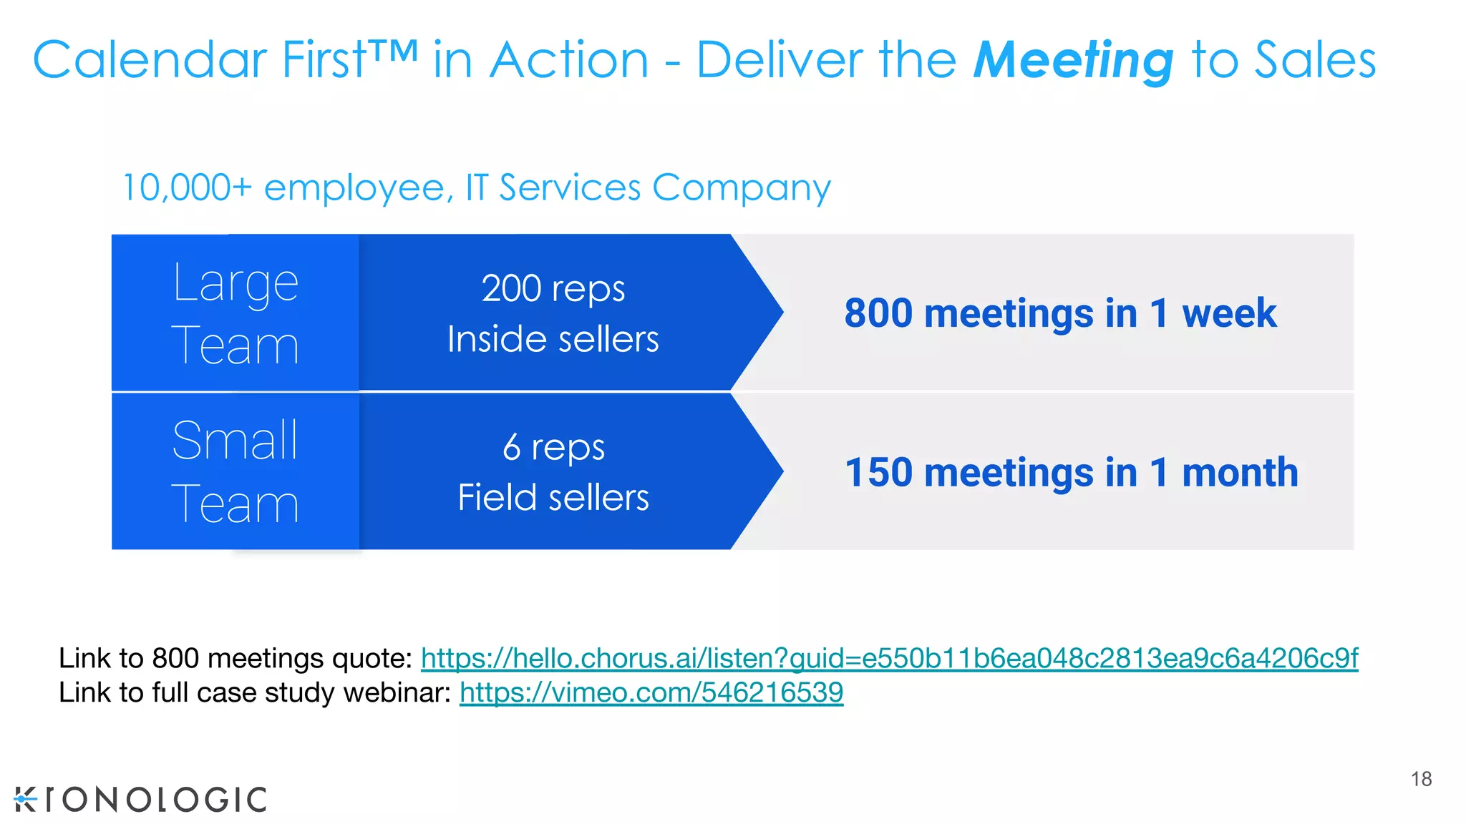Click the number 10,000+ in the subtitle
[x=187, y=188]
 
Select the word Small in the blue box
[x=235, y=441]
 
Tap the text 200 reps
[x=553, y=289]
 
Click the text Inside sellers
[x=553, y=339]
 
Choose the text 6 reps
[x=553, y=448]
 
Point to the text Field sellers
[x=553, y=498]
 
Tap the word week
[x=1228, y=313]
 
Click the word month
[x=1240, y=473]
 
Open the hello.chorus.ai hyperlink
[x=889, y=658]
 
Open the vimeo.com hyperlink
[x=651, y=692]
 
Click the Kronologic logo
[x=140, y=799]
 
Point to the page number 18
[x=1421, y=779]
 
